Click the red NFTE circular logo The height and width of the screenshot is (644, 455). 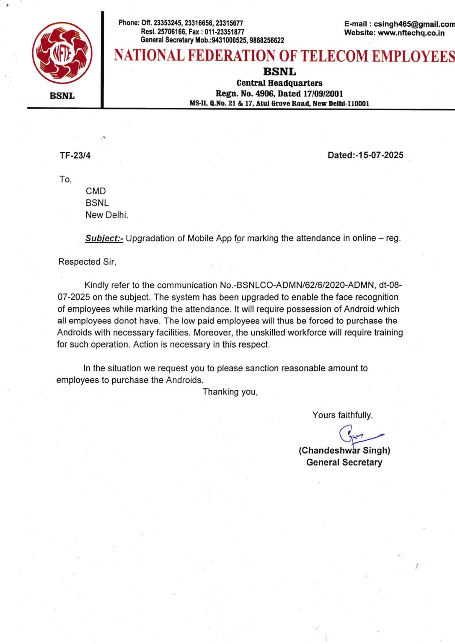coord(62,53)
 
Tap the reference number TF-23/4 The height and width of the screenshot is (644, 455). coord(75,156)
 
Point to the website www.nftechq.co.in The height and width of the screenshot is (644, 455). coord(411,33)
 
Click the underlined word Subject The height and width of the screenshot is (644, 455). coord(104,239)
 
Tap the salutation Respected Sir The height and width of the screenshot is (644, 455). coord(87,262)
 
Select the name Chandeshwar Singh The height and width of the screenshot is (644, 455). coord(344,451)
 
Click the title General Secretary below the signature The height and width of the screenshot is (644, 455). coord(344,462)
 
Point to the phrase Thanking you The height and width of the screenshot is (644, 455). coord(230,392)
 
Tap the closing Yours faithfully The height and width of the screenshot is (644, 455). coord(342,415)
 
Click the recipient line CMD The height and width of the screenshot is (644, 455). coord(96,191)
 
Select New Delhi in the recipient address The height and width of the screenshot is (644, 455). coord(107,215)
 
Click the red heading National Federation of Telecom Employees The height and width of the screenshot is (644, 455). coord(284,56)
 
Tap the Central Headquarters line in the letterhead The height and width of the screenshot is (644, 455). coord(279,83)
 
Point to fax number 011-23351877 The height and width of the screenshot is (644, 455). coord(225,32)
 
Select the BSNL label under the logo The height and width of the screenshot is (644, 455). coord(62,96)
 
